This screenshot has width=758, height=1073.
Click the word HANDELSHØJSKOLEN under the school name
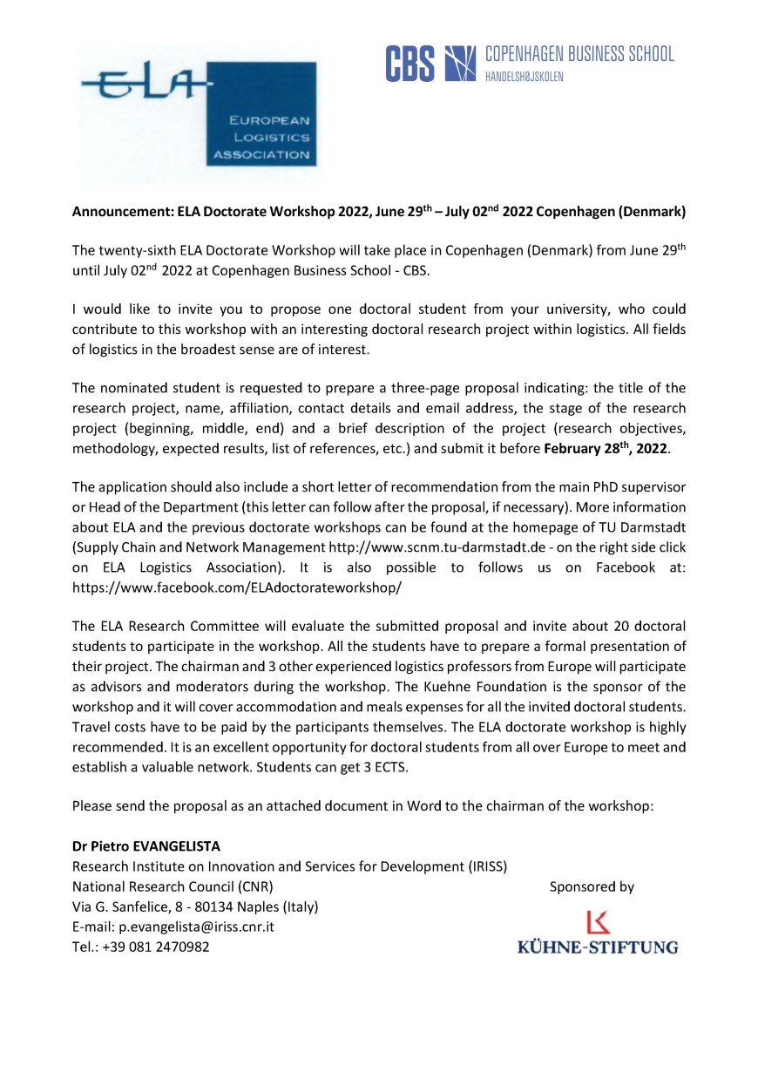click(x=525, y=77)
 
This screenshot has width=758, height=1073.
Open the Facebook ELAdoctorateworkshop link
click(x=237, y=587)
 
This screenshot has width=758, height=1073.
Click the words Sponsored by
click(x=592, y=887)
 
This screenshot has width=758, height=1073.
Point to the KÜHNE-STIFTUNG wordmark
click(x=598, y=947)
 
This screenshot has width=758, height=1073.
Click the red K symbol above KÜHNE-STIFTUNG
click(x=599, y=922)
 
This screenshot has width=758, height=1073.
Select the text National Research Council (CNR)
click(x=173, y=887)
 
